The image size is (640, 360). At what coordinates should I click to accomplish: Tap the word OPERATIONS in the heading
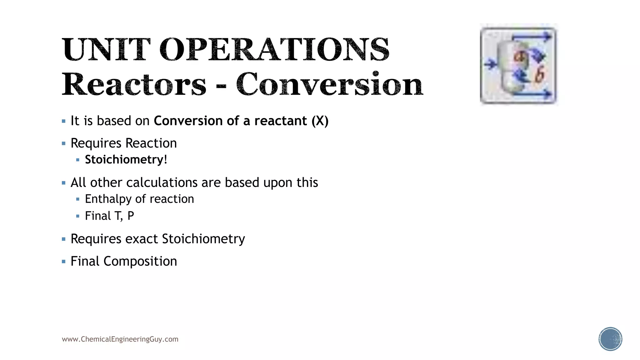tap(274, 49)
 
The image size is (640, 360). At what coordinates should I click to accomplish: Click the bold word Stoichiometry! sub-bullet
tap(126, 160)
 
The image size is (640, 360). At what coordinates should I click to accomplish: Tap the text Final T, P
tap(109, 216)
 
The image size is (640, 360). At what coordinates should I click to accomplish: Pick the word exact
tap(142, 239)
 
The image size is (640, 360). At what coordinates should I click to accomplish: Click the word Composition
tap(140, 262)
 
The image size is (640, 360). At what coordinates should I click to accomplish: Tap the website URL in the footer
tap(120, 339)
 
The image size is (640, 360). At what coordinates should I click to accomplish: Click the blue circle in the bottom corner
tap(610, 339)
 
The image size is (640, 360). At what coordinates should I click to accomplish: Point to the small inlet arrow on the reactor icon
tap(491, 64)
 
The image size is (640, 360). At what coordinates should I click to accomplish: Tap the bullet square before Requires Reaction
tap(64, 144)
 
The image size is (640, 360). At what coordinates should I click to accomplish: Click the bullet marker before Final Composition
tap(64, 262)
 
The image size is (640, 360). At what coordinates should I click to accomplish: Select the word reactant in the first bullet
tap(280, 121)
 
